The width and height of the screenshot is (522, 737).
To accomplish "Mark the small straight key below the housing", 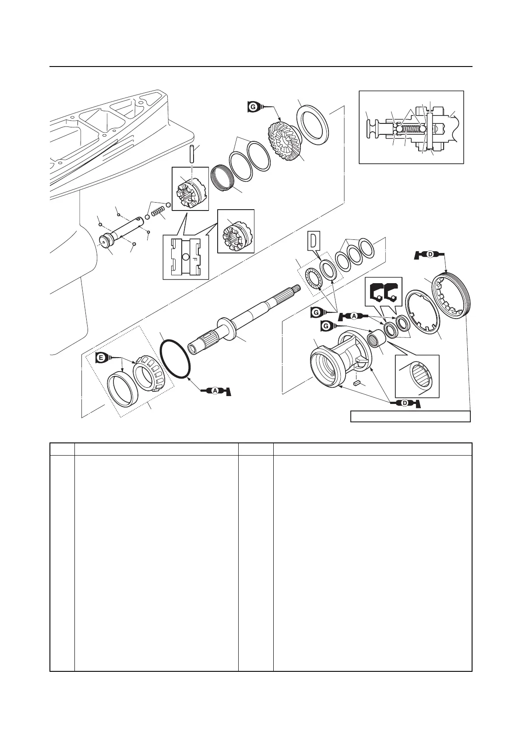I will (357, 383).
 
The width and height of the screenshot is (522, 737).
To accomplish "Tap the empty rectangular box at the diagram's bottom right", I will (410, 416).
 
